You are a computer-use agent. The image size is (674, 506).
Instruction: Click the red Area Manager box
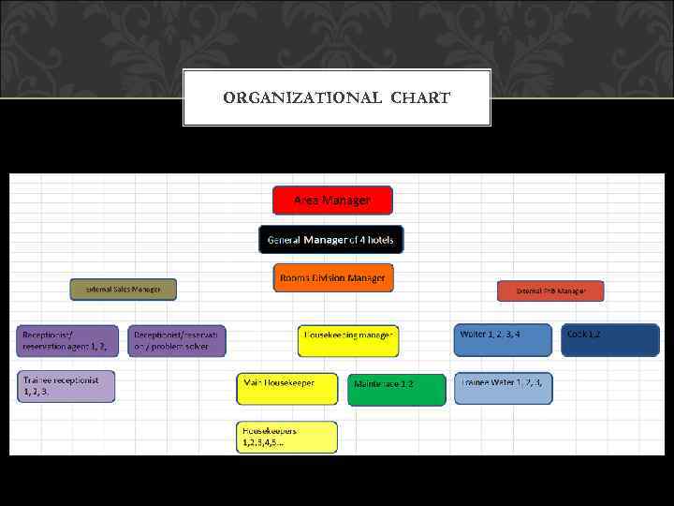[x=332, y=201]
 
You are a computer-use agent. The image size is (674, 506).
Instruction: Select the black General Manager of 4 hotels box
[x=331, y=240]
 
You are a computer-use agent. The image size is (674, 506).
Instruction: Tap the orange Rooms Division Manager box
[x=332, y=277]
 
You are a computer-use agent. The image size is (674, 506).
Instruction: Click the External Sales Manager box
[x=123, y=290]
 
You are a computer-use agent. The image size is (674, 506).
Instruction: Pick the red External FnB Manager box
[x=550, y=291]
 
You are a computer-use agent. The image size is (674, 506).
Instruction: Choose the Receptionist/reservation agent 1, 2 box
[x=68, y=341]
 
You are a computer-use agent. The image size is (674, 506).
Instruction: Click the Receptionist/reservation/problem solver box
[x=179, y=341]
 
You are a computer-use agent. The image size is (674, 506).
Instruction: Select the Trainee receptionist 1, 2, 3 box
[x=66, y=386]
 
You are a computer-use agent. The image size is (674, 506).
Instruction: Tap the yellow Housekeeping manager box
[x=348, y=341]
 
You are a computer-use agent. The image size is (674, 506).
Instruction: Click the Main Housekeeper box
[x=286, y=389]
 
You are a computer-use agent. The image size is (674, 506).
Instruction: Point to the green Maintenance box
[x=397, y=390]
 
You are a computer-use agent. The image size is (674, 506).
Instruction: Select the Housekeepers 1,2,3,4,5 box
[x=286, y=437]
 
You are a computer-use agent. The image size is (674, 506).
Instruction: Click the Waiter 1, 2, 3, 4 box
[x=503, y=340]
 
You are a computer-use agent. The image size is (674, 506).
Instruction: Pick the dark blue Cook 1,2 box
[x=610, y=340]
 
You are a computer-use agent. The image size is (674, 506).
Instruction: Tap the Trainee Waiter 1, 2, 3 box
[x=503, y=388]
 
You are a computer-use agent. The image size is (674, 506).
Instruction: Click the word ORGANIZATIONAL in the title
[x=303, y=97]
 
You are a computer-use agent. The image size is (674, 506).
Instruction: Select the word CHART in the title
[x=420, y=97]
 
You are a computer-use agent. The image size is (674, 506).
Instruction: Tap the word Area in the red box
[x=306, y=201]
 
